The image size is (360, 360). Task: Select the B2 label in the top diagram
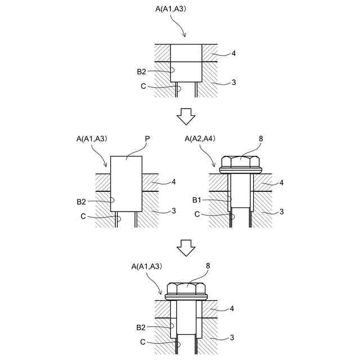[141, 71]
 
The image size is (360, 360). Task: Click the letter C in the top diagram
[144, 86]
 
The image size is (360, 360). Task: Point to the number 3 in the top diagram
[233, 82]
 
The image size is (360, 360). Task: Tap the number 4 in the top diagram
[233, 54]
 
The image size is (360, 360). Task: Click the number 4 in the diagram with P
[174, 182]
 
